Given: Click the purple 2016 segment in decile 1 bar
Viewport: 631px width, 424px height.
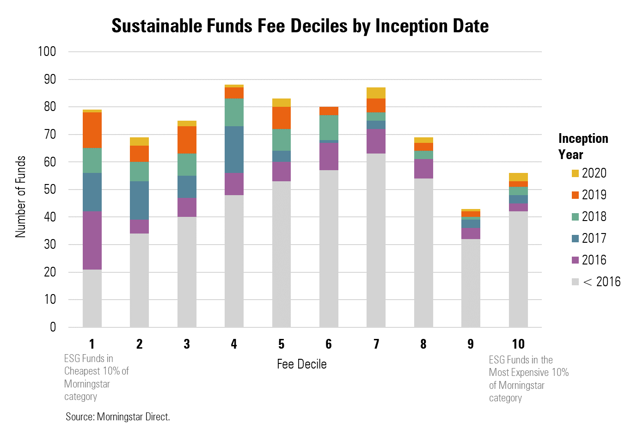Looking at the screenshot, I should pos(92,240).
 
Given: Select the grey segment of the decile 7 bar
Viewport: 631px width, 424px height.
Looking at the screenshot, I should pos(376,240).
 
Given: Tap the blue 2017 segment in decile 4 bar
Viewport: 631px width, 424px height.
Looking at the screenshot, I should pos(234,149).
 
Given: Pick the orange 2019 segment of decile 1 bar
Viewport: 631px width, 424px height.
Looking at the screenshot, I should pos(92,130).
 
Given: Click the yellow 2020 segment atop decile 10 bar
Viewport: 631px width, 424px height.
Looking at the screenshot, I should pos(518,177).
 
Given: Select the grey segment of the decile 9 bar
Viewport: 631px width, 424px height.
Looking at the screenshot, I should pos(471,283).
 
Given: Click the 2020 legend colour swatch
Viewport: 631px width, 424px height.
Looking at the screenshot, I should pos(575,173).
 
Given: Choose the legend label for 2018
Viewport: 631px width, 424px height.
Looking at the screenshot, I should pos(594,217).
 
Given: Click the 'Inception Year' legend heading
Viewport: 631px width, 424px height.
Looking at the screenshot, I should pos(583,146).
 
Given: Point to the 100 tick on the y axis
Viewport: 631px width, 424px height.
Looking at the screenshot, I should pos(46,52).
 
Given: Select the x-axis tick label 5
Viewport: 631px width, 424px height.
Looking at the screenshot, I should pos(281,344).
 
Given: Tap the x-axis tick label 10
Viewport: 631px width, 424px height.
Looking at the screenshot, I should pos(518,344).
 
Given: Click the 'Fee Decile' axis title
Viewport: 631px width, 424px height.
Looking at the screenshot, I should pos(301,364).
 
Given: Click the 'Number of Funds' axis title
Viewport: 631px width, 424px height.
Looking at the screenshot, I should pos(20,197).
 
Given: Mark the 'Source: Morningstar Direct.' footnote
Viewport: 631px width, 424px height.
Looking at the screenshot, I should pos(118,416).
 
